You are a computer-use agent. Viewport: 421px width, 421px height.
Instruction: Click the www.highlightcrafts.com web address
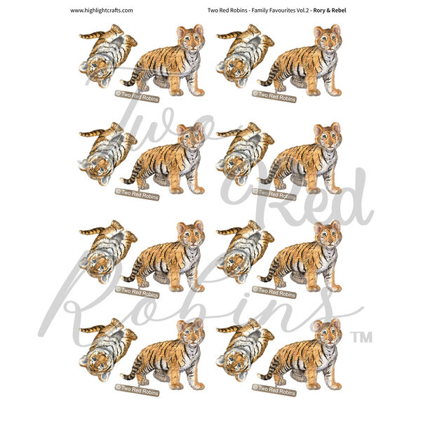click(x=102, y=11)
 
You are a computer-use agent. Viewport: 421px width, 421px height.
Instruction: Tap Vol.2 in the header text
click(x=303, y=11)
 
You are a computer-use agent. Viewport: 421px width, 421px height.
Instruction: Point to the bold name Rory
click(x=319, y=11)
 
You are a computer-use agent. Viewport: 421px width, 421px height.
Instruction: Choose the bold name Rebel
click(x=339, y=11)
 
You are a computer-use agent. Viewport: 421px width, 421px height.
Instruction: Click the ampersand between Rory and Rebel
click(x=328, y=11)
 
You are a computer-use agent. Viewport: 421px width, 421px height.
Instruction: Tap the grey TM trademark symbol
click(x=363, y=338)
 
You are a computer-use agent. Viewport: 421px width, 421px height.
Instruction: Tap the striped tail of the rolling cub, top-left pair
click(x=92, y=35)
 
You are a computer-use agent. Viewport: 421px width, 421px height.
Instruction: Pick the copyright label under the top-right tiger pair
click(x=274, y=96)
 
